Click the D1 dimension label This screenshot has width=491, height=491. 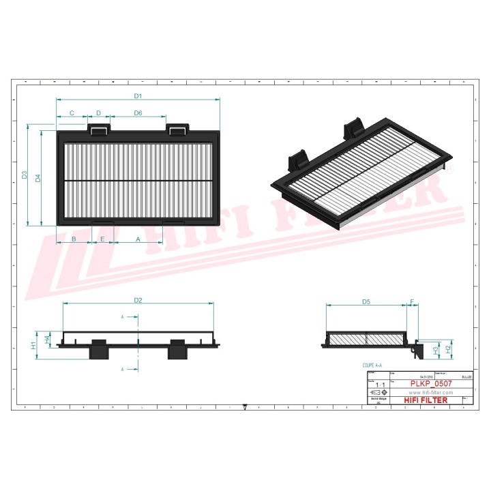click(x=137, y=95)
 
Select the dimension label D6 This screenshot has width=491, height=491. click(x=138, y=113)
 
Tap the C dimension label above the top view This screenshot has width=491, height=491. click(x=71, y=113)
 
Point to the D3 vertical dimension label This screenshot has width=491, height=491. click(x=24, y=175)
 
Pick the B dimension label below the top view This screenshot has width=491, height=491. click(x=74, y=239)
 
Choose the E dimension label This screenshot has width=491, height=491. click(x=103, y=239)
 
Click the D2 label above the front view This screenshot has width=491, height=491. click(x=137, y=300)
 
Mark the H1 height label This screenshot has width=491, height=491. click(x=33, y=346)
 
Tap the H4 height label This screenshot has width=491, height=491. click(x=47, y=339)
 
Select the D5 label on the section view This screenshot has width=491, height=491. click(x=366, y=301)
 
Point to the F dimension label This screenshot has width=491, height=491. click(x=412, y=301)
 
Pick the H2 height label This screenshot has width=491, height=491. click(x=448, y=348)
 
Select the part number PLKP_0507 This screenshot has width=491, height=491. click(x=431, y=384)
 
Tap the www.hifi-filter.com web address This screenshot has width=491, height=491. click(x=431, y=393)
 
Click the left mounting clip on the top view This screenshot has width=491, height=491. click(x=98, y=128)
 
